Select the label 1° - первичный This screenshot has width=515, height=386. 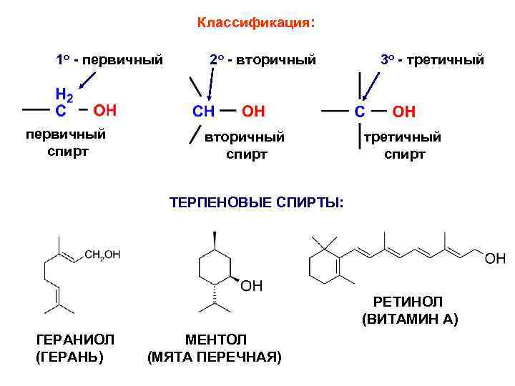(109, 59)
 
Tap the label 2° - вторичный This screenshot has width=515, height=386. (263, 59)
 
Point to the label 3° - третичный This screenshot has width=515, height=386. (432, 59)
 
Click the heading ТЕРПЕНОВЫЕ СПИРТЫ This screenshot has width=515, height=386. (256, 202)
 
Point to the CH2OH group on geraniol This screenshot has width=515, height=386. (102, 254)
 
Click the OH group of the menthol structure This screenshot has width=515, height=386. (251, 287)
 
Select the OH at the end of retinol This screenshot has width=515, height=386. (495, 258)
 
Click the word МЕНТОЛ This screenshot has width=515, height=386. (215, 339)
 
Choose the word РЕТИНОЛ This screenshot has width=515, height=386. (408, 302)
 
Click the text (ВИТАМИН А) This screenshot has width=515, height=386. (410, 320)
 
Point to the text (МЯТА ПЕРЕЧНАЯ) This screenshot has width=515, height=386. (215, 356)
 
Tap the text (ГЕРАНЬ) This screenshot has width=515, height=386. (69, 356)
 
